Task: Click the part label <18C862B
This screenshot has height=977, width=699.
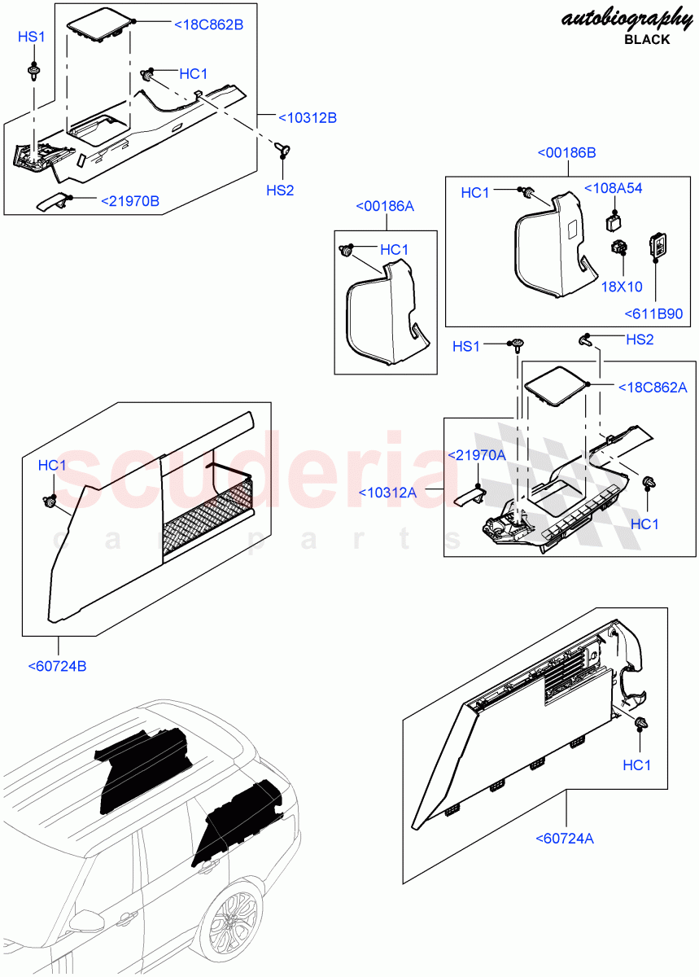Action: pos(208,24)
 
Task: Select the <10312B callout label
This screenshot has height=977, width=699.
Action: pos(307,118)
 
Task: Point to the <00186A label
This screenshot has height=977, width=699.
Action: pos(385,207)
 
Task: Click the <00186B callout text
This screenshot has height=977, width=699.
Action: pos(566,153)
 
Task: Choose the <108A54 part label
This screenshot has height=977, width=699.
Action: pos(613,188)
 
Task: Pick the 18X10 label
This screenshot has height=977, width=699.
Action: pos(623,287)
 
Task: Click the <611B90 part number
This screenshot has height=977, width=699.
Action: pos(653,313)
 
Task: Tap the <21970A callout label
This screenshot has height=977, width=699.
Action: pos(478,455)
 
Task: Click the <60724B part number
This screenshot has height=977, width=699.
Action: pos(57,666)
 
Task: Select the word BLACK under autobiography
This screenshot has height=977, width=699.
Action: pos(647,39)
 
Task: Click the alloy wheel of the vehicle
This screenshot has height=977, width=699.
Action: pos(234,926)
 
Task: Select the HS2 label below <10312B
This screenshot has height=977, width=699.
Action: pos(280,190)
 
